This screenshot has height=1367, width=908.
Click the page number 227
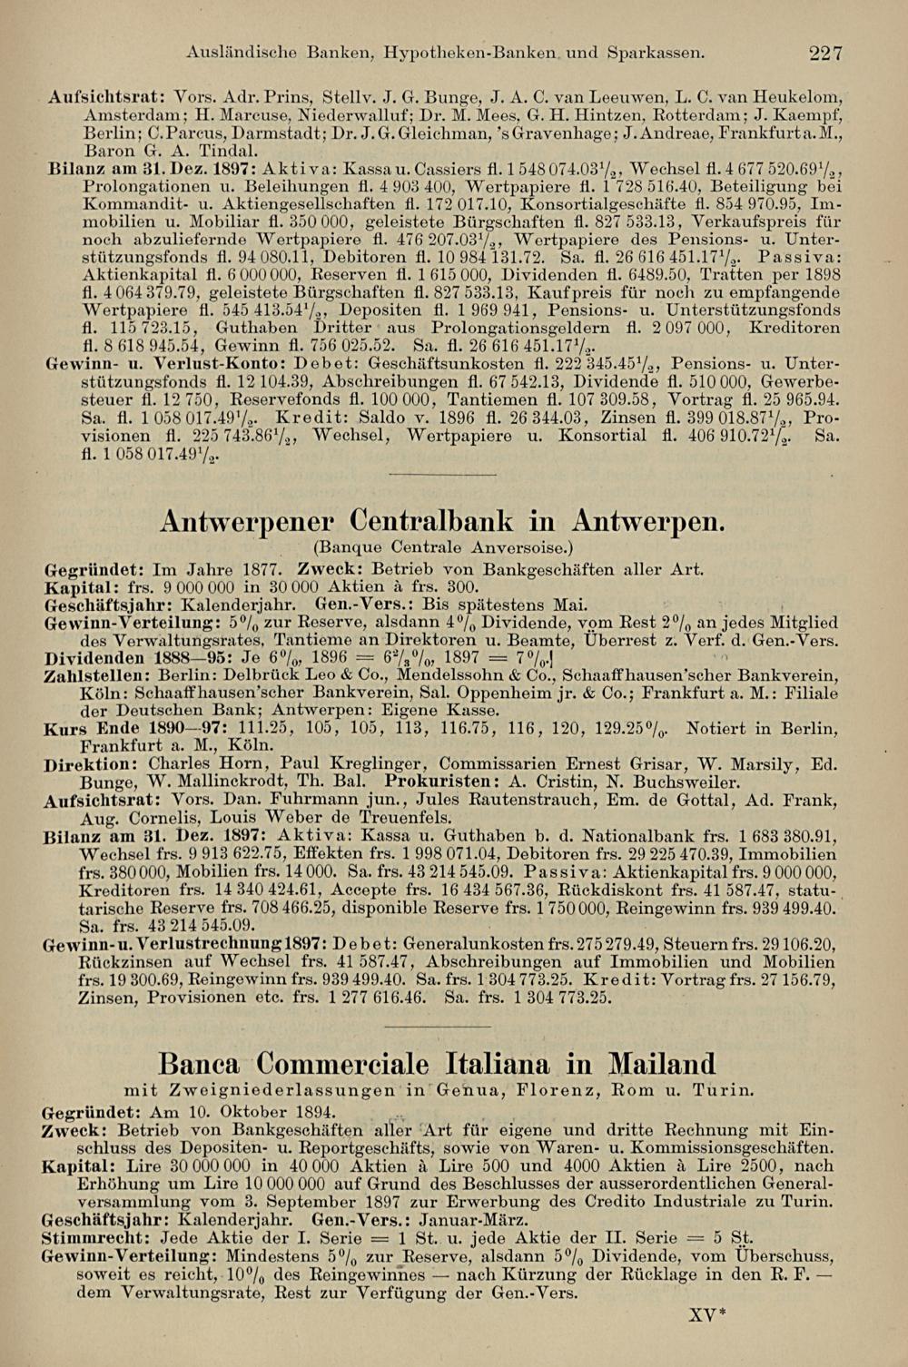(826, 54)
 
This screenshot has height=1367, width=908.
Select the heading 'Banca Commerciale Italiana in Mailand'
(437, 1062)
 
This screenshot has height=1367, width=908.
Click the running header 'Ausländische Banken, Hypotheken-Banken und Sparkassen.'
(443, 54)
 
